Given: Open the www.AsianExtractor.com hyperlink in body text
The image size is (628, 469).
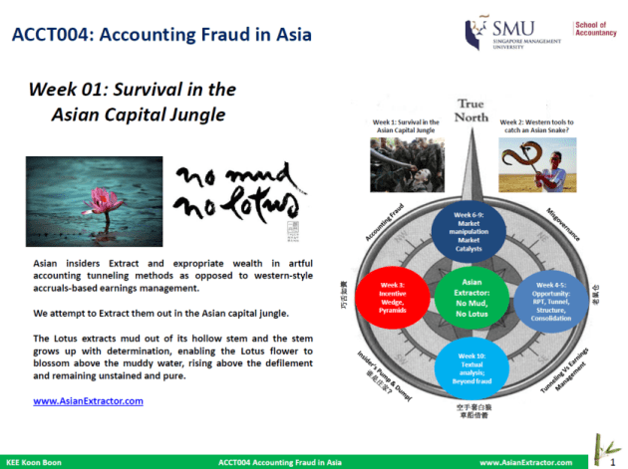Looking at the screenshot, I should (89, 400).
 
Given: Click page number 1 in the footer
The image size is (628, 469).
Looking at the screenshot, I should (613, 462).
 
